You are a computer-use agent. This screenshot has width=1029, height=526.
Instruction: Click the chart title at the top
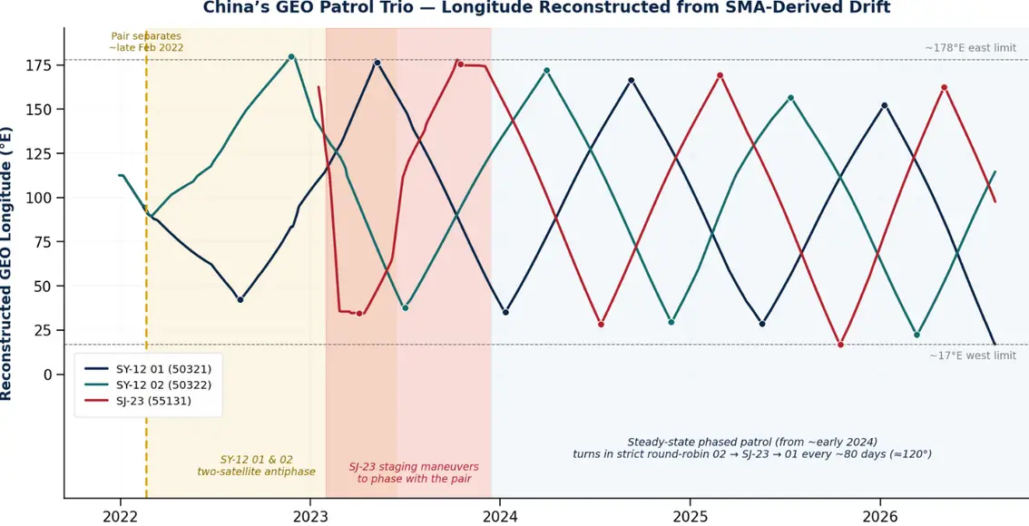[546, 8]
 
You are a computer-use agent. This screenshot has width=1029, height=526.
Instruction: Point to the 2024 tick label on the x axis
[499, 515]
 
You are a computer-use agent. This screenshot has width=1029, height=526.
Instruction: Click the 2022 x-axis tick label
[120, 515]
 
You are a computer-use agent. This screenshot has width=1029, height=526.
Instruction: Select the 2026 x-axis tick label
[879, 515]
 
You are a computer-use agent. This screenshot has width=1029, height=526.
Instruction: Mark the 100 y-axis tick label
[44, 198]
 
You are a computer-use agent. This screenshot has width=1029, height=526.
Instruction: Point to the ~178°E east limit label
[971, 48]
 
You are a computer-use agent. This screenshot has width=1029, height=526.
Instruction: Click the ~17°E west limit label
[974, 356]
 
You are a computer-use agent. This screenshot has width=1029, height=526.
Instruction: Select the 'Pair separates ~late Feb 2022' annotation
[146, 42]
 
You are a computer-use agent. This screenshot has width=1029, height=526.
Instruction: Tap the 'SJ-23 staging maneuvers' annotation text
[414, 467]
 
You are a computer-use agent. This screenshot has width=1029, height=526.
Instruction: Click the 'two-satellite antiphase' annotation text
[257, 472]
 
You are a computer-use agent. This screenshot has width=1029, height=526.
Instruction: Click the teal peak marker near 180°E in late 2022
[291, 57]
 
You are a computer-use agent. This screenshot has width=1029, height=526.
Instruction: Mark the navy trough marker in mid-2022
[240, 299]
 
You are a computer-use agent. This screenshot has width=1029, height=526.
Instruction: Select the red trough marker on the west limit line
[840, 345]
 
